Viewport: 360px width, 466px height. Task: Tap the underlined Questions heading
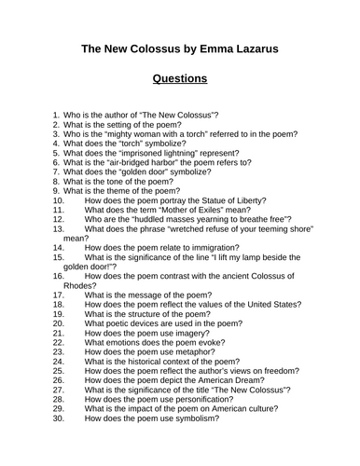coord(180,79)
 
